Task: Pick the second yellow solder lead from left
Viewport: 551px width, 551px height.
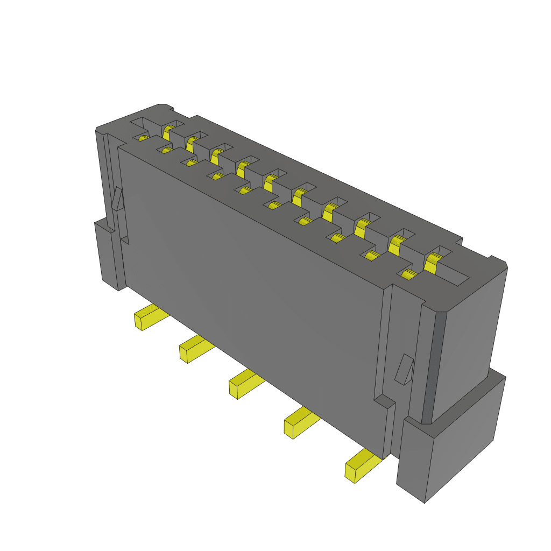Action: point(194,349)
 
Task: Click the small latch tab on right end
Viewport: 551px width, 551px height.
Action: point(404,370)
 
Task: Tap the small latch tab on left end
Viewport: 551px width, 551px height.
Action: point(117,199)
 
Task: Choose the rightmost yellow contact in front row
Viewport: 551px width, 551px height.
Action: point(409,275)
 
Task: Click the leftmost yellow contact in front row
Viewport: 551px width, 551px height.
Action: point(143,138)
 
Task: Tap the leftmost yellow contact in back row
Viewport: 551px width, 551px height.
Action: point(168,130)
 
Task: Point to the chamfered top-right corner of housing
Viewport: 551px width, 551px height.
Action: point(498,264)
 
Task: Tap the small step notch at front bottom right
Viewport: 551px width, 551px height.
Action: point(384,402)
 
